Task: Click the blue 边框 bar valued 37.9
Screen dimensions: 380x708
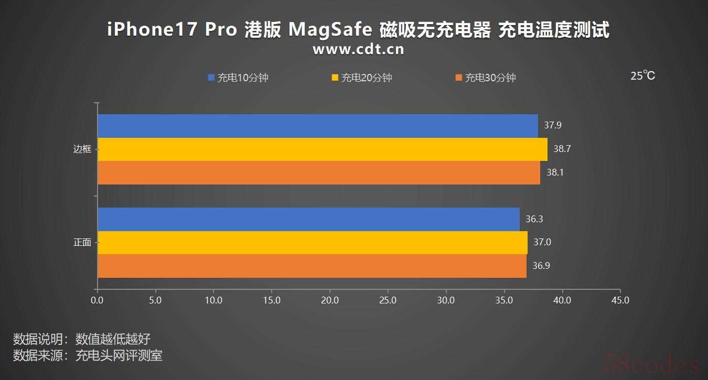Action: pos(317,126)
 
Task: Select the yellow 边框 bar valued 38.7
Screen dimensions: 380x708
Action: pos(322,149)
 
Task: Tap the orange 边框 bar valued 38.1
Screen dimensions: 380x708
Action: pos(318,172)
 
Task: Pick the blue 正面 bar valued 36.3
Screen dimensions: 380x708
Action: pos(308,219)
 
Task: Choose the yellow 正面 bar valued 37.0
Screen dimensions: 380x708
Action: pos(312,243)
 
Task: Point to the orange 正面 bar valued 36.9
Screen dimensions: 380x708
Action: pos(312,266)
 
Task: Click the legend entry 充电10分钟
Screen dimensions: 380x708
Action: pos(239,78)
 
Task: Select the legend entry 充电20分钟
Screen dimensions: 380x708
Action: pos(362,78)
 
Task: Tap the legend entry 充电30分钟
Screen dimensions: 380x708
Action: pos(486,78)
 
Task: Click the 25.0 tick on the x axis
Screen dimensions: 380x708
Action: pos(388,300)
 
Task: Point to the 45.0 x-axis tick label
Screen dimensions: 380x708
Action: pos(620,300)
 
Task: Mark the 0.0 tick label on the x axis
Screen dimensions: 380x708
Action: pos(97,300)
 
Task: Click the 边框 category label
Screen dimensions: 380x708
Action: pos(82,149)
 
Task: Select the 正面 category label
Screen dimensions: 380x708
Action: pos(82,243)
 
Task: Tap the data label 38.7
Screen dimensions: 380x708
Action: pos(562,149)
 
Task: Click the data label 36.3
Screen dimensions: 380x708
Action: pos(534,219)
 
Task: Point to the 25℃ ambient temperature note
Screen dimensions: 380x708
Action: pos(642,76)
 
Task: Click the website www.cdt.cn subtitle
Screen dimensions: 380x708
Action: pos(358,49)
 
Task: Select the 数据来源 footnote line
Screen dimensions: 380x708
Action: pos(88,355)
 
